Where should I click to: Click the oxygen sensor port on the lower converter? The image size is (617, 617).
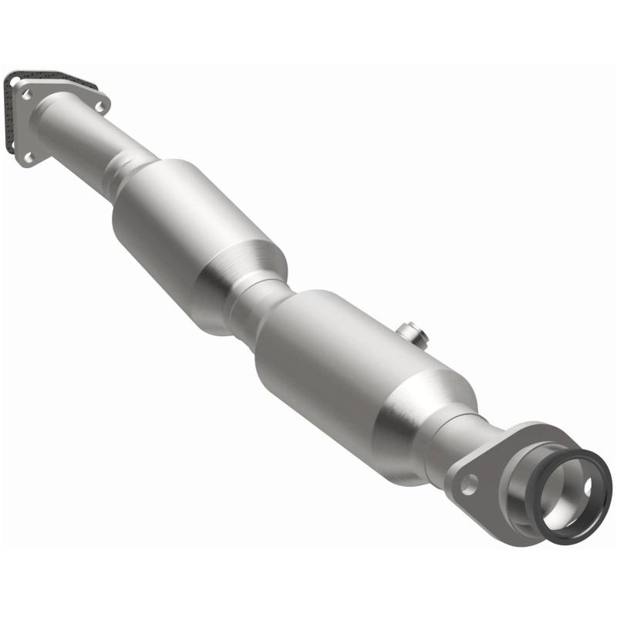(408, 333)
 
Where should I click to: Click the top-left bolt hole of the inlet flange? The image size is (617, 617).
(26, 94)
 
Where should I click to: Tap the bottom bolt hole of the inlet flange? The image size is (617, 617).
(29, 157)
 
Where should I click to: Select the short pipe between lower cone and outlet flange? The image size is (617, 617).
(463, 443)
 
